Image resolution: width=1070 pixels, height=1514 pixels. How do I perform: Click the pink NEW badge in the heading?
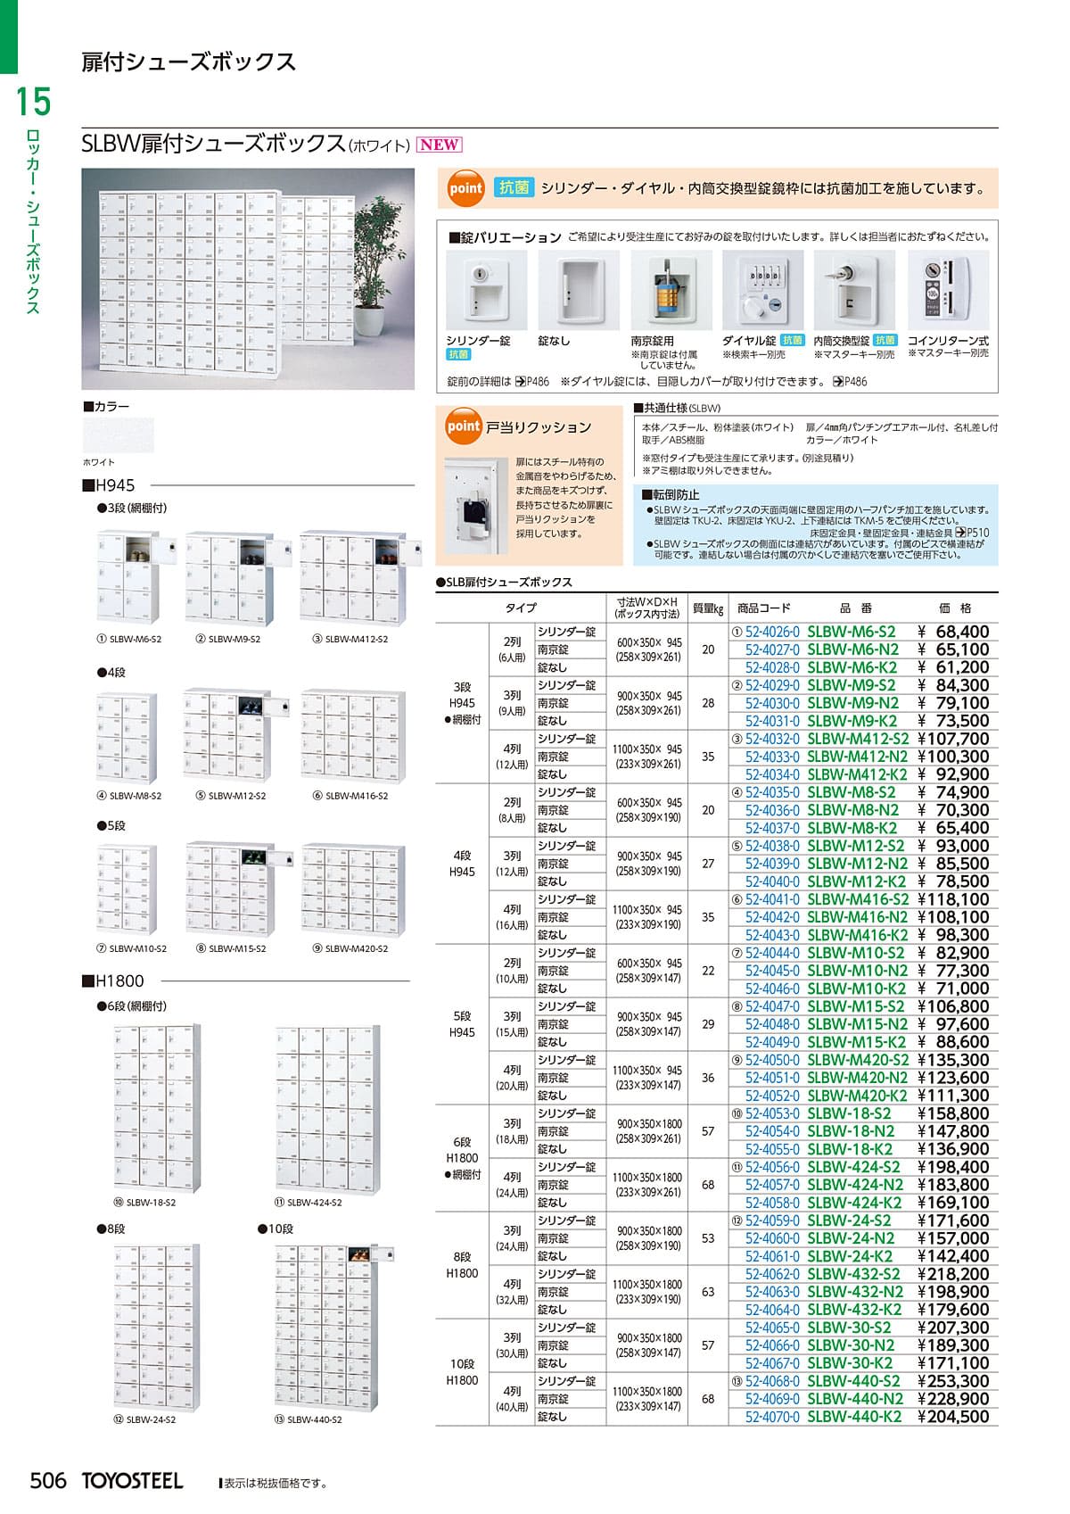[x=440, y=145]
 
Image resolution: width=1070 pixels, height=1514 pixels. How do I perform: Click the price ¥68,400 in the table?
[x=953, y=632]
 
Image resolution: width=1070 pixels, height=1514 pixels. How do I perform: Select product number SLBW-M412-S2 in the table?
[x=857, y=739]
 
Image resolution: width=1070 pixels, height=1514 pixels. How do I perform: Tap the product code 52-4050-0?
[x=772, y=1060]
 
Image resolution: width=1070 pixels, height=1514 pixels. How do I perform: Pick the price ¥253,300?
[x=953, y=1381]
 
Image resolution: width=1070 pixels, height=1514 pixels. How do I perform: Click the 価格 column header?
[x=955, y=608]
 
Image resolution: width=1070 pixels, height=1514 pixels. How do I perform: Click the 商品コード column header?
[x=763, y=608]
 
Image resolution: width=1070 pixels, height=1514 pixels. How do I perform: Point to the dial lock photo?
[x=763, y=291]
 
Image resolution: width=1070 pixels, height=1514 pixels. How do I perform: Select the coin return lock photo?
[x=947, y=291]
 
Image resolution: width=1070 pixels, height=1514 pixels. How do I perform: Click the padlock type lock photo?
[x=671, y=291]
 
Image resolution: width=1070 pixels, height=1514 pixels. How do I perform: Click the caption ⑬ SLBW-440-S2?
[x=309, y=1419]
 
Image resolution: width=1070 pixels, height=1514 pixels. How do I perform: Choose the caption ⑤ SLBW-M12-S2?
[x=230, y=796]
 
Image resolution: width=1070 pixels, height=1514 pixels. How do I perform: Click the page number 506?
[x=48, y=1481]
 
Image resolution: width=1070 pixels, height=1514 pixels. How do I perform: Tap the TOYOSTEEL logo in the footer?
[x=133, y=1481]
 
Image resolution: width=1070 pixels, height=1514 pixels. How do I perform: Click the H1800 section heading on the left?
[x=113, y=981]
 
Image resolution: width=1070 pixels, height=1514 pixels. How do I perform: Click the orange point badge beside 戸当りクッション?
[x=464, y=427]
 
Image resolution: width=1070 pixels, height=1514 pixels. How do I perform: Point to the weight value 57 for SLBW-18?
[x=708, y=1131]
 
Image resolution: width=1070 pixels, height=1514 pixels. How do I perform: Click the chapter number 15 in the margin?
[x=34, y=102]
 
